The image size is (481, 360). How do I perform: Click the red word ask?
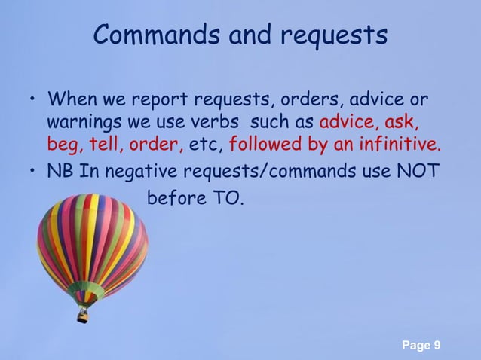[x=403, y=122]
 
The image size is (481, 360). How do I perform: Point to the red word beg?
[x=61, y=144]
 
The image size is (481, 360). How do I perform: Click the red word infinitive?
[x=396, y=144]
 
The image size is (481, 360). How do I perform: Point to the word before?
[x=175, y=200]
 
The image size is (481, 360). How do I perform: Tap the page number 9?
[x=437, y=346]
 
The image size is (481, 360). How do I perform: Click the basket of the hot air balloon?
[x=82, y=315]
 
